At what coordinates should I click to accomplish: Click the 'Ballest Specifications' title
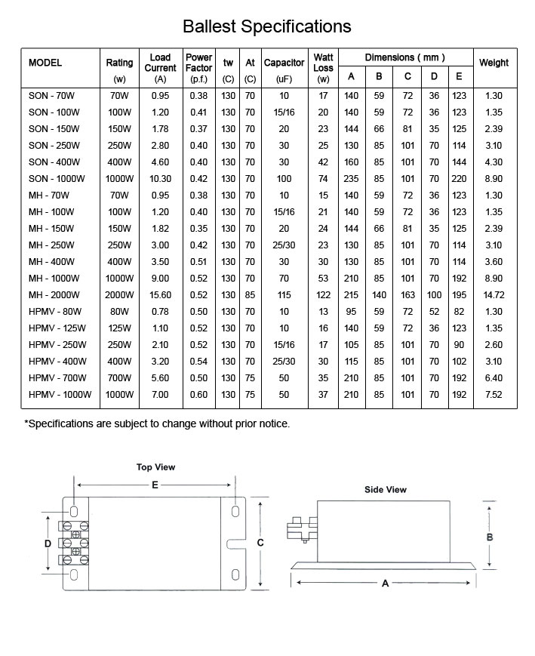point(267,26)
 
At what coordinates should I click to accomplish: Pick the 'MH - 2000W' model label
point(51,294)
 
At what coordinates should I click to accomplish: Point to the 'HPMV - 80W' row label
point(54,311)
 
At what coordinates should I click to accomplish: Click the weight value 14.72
point(493,294)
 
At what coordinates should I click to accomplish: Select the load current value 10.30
point(159,179)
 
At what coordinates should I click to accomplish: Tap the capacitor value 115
point(284,294)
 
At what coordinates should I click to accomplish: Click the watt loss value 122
point(323,294)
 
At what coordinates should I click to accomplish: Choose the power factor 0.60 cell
point(198,394)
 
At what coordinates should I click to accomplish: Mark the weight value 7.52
point(493,394)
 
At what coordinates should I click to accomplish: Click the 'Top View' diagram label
point(155,467)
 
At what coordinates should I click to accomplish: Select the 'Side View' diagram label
point(385,490)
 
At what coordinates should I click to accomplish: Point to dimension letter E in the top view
point(155,485)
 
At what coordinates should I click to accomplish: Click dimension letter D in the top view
point(47,543)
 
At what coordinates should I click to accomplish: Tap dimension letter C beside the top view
point(260,542)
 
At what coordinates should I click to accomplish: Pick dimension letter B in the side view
point(490,537)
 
